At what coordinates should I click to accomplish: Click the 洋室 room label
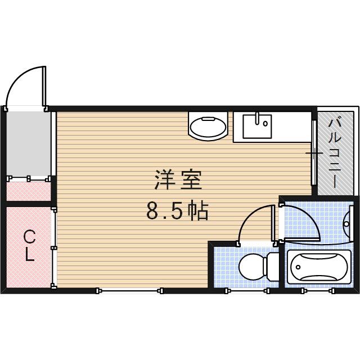click(177, 181)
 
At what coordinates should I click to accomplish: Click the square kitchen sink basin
click(257, 126)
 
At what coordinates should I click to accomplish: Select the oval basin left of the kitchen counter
click(208, 127)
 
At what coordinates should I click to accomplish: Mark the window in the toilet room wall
click(245, 290)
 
